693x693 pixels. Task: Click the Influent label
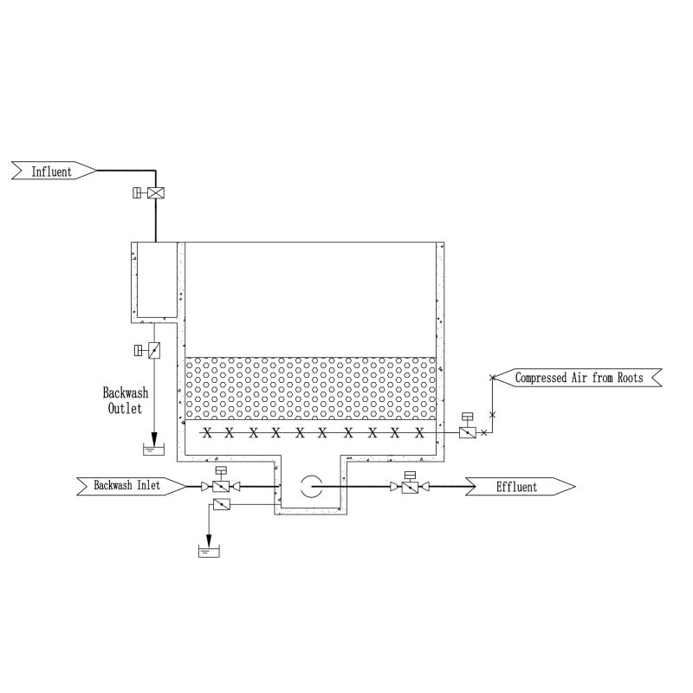click(x=52, y=171)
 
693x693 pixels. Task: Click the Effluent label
click(x=516, y=487)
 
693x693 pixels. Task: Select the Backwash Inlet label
click(x=126, y=485)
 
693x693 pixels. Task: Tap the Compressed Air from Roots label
click(x=579, y=378)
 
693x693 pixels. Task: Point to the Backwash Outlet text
click(x=125, y=400)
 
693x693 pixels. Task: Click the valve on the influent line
click(x=156, y=193)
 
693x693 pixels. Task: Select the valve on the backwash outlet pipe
click(x=154, y=351)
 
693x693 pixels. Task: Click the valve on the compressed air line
click(x=467, y=432)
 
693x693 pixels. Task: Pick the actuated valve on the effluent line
click(x=410, y=488)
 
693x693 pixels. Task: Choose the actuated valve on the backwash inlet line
click(x=221, y=487)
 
